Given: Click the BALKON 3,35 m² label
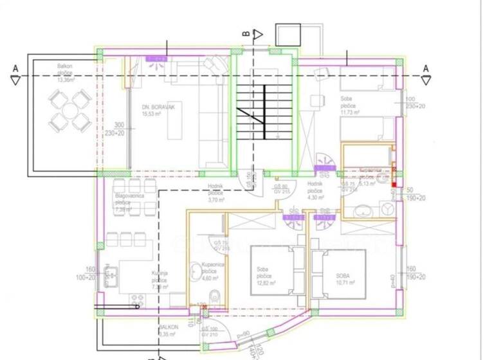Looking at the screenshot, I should click(169, 330).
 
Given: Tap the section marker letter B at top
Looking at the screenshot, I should click(245, 33).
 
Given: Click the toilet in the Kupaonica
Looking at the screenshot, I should click(217, 296).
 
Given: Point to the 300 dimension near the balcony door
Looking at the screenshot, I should click(119, 125).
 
